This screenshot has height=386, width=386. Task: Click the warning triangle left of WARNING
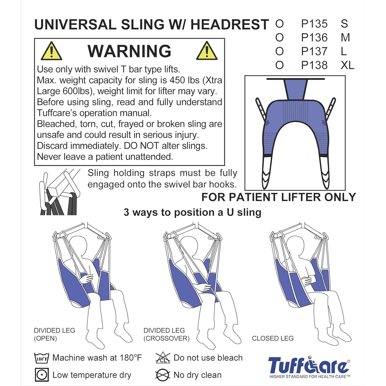[51, 51]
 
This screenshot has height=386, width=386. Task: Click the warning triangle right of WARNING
[207, 51]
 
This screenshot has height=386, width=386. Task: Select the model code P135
[314, 24]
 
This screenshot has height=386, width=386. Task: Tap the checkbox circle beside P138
[279, 65]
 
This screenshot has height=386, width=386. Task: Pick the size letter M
[345, 38]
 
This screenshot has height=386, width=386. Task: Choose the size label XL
[347, 65]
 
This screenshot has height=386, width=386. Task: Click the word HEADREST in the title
[230, 25]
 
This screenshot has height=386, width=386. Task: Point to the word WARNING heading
[129, 51]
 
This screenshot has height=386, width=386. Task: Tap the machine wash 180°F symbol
[41, 358]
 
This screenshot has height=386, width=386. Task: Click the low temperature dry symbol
[41, 375]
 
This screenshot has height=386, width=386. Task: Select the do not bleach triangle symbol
[163, 358]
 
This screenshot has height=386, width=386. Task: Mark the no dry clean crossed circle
[163, 375]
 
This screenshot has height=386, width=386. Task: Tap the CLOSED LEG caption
[273, 338]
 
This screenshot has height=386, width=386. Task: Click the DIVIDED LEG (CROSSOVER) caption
[166, 334]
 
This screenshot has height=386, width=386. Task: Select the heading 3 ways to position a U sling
[192, 212]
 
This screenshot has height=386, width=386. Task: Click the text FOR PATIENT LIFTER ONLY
[278, 197]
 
